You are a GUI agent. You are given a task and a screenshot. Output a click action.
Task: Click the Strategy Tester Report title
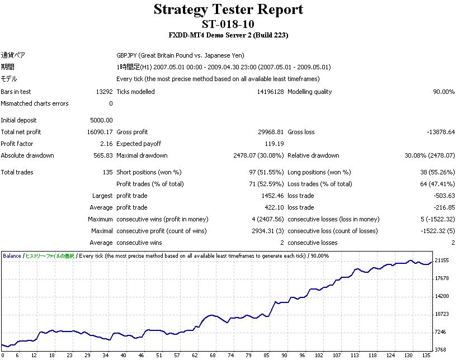coord(228,10)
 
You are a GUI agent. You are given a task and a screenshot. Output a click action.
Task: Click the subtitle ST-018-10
coord(228,24)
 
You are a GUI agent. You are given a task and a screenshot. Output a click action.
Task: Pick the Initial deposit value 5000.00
coord(101,120)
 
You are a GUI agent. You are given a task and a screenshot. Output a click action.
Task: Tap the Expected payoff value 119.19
coord(274,144)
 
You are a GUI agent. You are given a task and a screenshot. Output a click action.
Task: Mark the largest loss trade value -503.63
coord(442,196)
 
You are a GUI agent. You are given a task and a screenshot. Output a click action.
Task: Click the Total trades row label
coord(17,172)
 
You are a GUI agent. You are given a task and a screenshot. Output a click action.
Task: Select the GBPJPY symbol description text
coord(180,55)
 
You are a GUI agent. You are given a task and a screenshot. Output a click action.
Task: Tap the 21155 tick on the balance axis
coord(442,260)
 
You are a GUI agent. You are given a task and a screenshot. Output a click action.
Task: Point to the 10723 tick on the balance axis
coord(442,314)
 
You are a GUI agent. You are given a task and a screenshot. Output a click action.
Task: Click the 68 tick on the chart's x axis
coord(213,355)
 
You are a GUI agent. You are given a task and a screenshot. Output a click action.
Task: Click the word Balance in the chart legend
coord(12,256)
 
